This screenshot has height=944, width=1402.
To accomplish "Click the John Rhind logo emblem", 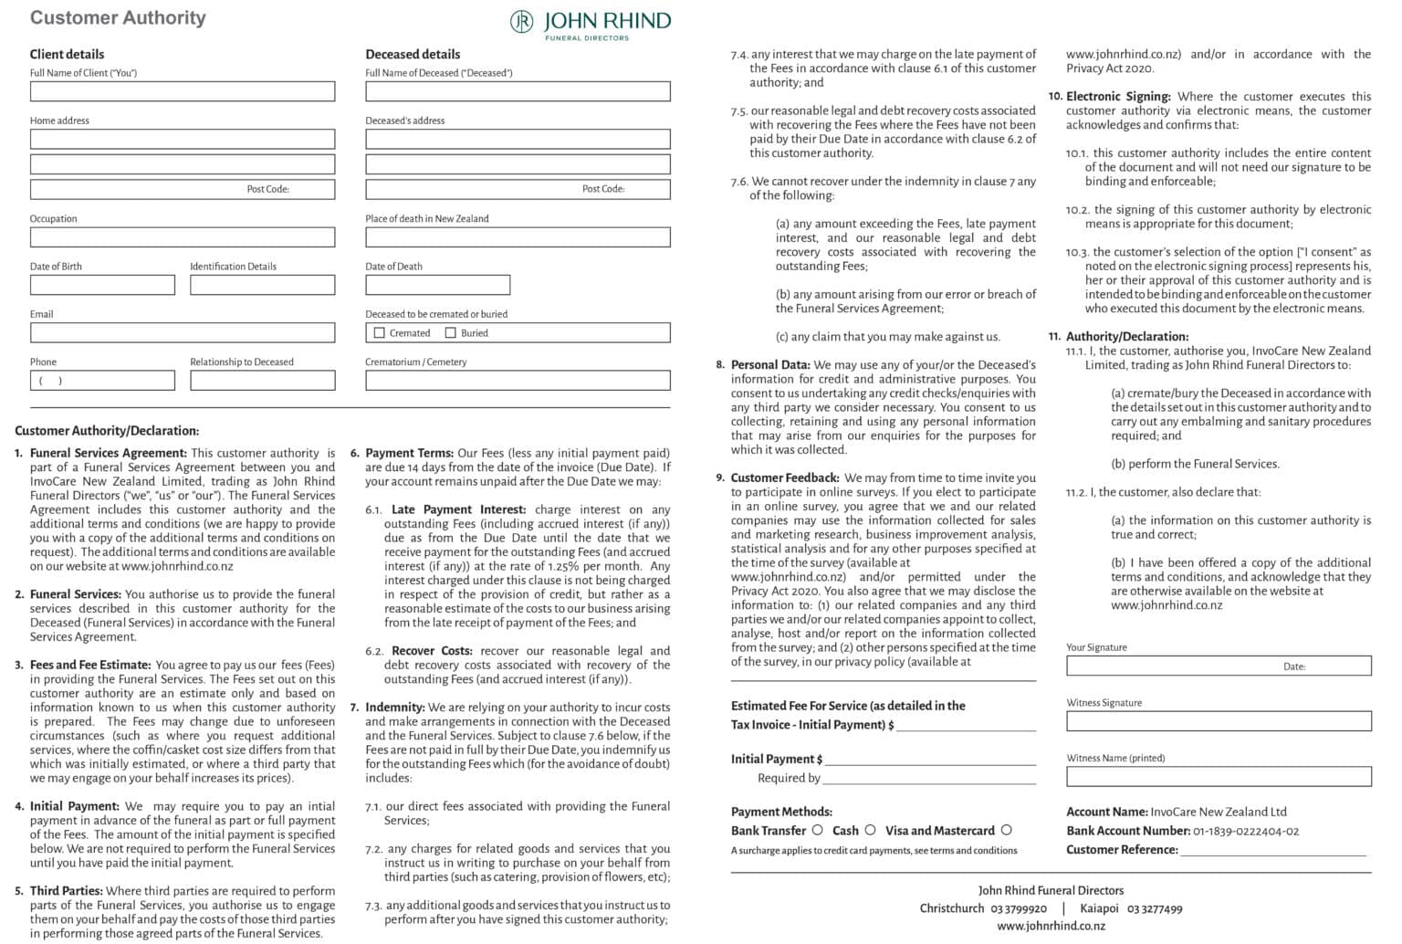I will coord(521,21).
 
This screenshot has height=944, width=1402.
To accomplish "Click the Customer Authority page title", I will coord(118,17).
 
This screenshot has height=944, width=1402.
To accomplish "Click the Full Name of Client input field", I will coord(183,91).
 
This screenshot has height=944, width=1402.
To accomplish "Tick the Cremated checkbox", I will coord(380,333).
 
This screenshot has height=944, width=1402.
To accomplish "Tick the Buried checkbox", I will coord(450,333).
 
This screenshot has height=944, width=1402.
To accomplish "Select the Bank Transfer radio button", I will coord(817,830).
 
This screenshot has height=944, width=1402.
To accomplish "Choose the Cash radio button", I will coord(870,830).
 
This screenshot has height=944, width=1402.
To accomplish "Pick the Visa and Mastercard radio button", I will coord(1006,830).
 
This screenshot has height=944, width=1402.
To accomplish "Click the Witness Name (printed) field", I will coord(1218,777).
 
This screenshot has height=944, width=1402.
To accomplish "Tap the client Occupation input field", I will coord(183,237).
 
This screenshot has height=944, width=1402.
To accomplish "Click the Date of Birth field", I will coord(102,285).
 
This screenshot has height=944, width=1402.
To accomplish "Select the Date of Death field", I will coord(437,285).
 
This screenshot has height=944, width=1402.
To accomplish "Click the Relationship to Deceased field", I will coord(263,380).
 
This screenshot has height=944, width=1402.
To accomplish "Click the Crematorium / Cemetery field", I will coord(518,380).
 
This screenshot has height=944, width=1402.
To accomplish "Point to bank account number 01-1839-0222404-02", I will coord(1246,831).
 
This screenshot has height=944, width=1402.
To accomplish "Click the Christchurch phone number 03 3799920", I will coord(1019,908).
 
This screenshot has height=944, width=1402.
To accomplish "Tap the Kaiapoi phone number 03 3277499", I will coord(1155,908).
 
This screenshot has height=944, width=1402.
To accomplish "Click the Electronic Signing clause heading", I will coord(1118,96).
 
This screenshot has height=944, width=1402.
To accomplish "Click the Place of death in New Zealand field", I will coord(518,237).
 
